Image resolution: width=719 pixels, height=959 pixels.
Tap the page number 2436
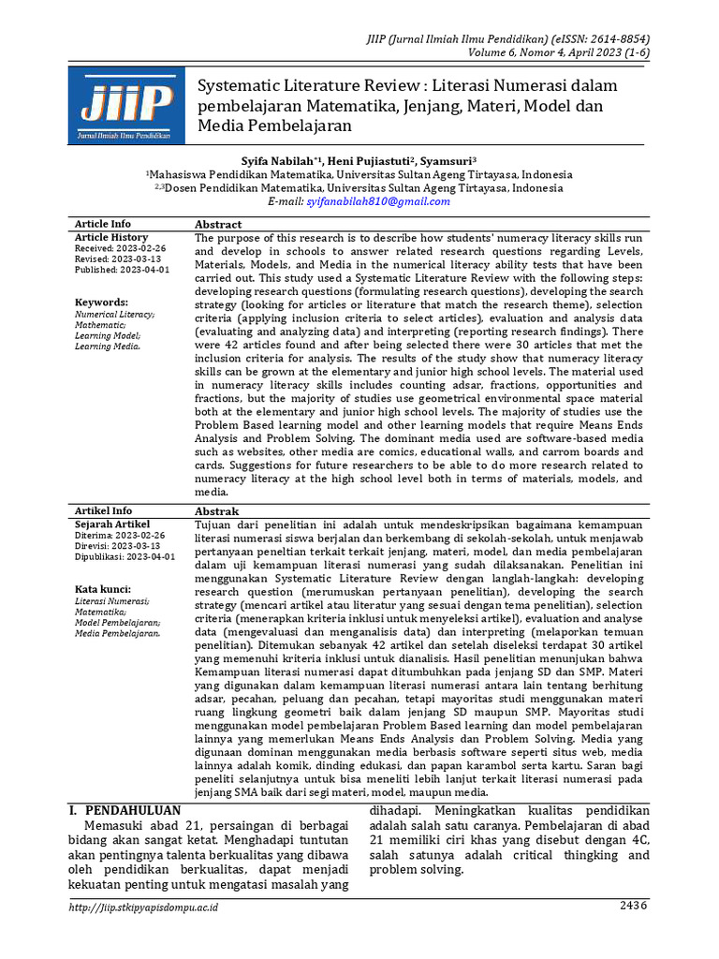pyautogui.click(x=633, y=906)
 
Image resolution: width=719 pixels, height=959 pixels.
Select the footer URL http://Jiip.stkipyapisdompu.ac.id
pyautogui.click(x=145, y=907)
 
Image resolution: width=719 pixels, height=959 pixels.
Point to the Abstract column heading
pyautogui.click(x=217, y=225)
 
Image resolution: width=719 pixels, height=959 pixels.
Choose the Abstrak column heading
pyautogui.click(x=216, y=511)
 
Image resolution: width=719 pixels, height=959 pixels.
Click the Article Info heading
pyautogui.click(x=103, y=225)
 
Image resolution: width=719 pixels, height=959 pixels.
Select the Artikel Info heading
pyautogui.click(x=103, y=511)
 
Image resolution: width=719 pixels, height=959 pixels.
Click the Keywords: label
pyautogui.click(x=101, y=302)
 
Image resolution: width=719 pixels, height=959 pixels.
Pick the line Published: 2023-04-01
pyautogui.click(x=122, y=270)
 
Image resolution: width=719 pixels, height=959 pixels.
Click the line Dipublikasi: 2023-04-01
pyautogui.click(x=125, y=556)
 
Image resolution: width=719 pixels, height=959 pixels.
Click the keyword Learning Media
pyautogui.click(x=108, y=347)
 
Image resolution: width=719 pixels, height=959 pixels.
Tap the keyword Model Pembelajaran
pyautogui.click(x=117, y=622)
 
